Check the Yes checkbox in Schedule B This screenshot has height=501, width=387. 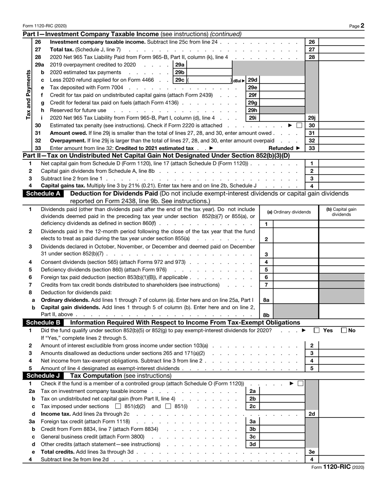(x=317, y=331)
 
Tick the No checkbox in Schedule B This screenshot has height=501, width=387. (x=344, y=331)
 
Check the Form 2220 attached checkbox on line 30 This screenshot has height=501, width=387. (x=299, y=126)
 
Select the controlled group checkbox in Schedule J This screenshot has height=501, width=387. (x=301, y=384)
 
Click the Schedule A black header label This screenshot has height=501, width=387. (x=43, y=194)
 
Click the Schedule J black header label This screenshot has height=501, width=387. (x=43, y=376)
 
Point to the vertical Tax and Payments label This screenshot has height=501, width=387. (x=29, y=95)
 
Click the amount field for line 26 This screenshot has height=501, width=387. (x=341, y=42)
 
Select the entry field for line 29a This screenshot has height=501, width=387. (x=209, y=64)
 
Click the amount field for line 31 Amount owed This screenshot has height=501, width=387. (x=341, y=133)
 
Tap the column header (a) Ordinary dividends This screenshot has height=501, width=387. (x=289, y=212)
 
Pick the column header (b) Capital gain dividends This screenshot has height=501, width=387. (x=341, y=212)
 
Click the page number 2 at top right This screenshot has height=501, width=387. (x=362, y=26)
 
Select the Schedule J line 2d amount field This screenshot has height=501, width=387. (x=341, y=414)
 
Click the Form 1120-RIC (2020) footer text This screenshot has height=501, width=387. (x=337, y=468)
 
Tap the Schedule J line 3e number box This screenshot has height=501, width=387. (x=312, y=452)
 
